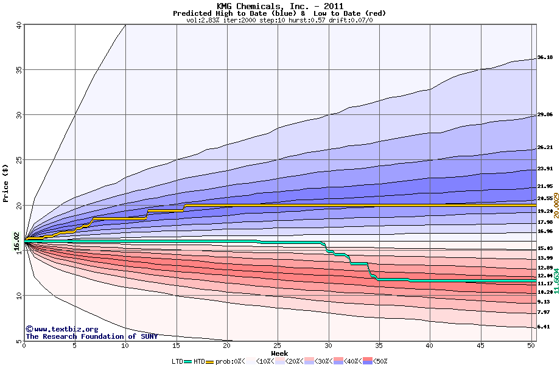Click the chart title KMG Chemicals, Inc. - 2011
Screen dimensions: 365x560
point(279,6)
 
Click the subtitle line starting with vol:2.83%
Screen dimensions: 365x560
point(279,20)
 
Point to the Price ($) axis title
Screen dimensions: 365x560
point(6,182)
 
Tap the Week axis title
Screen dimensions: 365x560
point(279,353)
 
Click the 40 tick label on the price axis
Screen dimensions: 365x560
point(18,25)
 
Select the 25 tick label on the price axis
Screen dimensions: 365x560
point(18,160)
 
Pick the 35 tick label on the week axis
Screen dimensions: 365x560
point(379,346)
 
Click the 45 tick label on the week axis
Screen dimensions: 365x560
point(480,346)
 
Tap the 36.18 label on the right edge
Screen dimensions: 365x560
point(545,58)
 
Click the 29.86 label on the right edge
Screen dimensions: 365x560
point(545,114)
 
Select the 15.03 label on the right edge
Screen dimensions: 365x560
point(545,249)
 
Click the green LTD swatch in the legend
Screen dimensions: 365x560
point(188,361)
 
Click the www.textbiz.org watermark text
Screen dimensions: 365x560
point(58,329)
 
